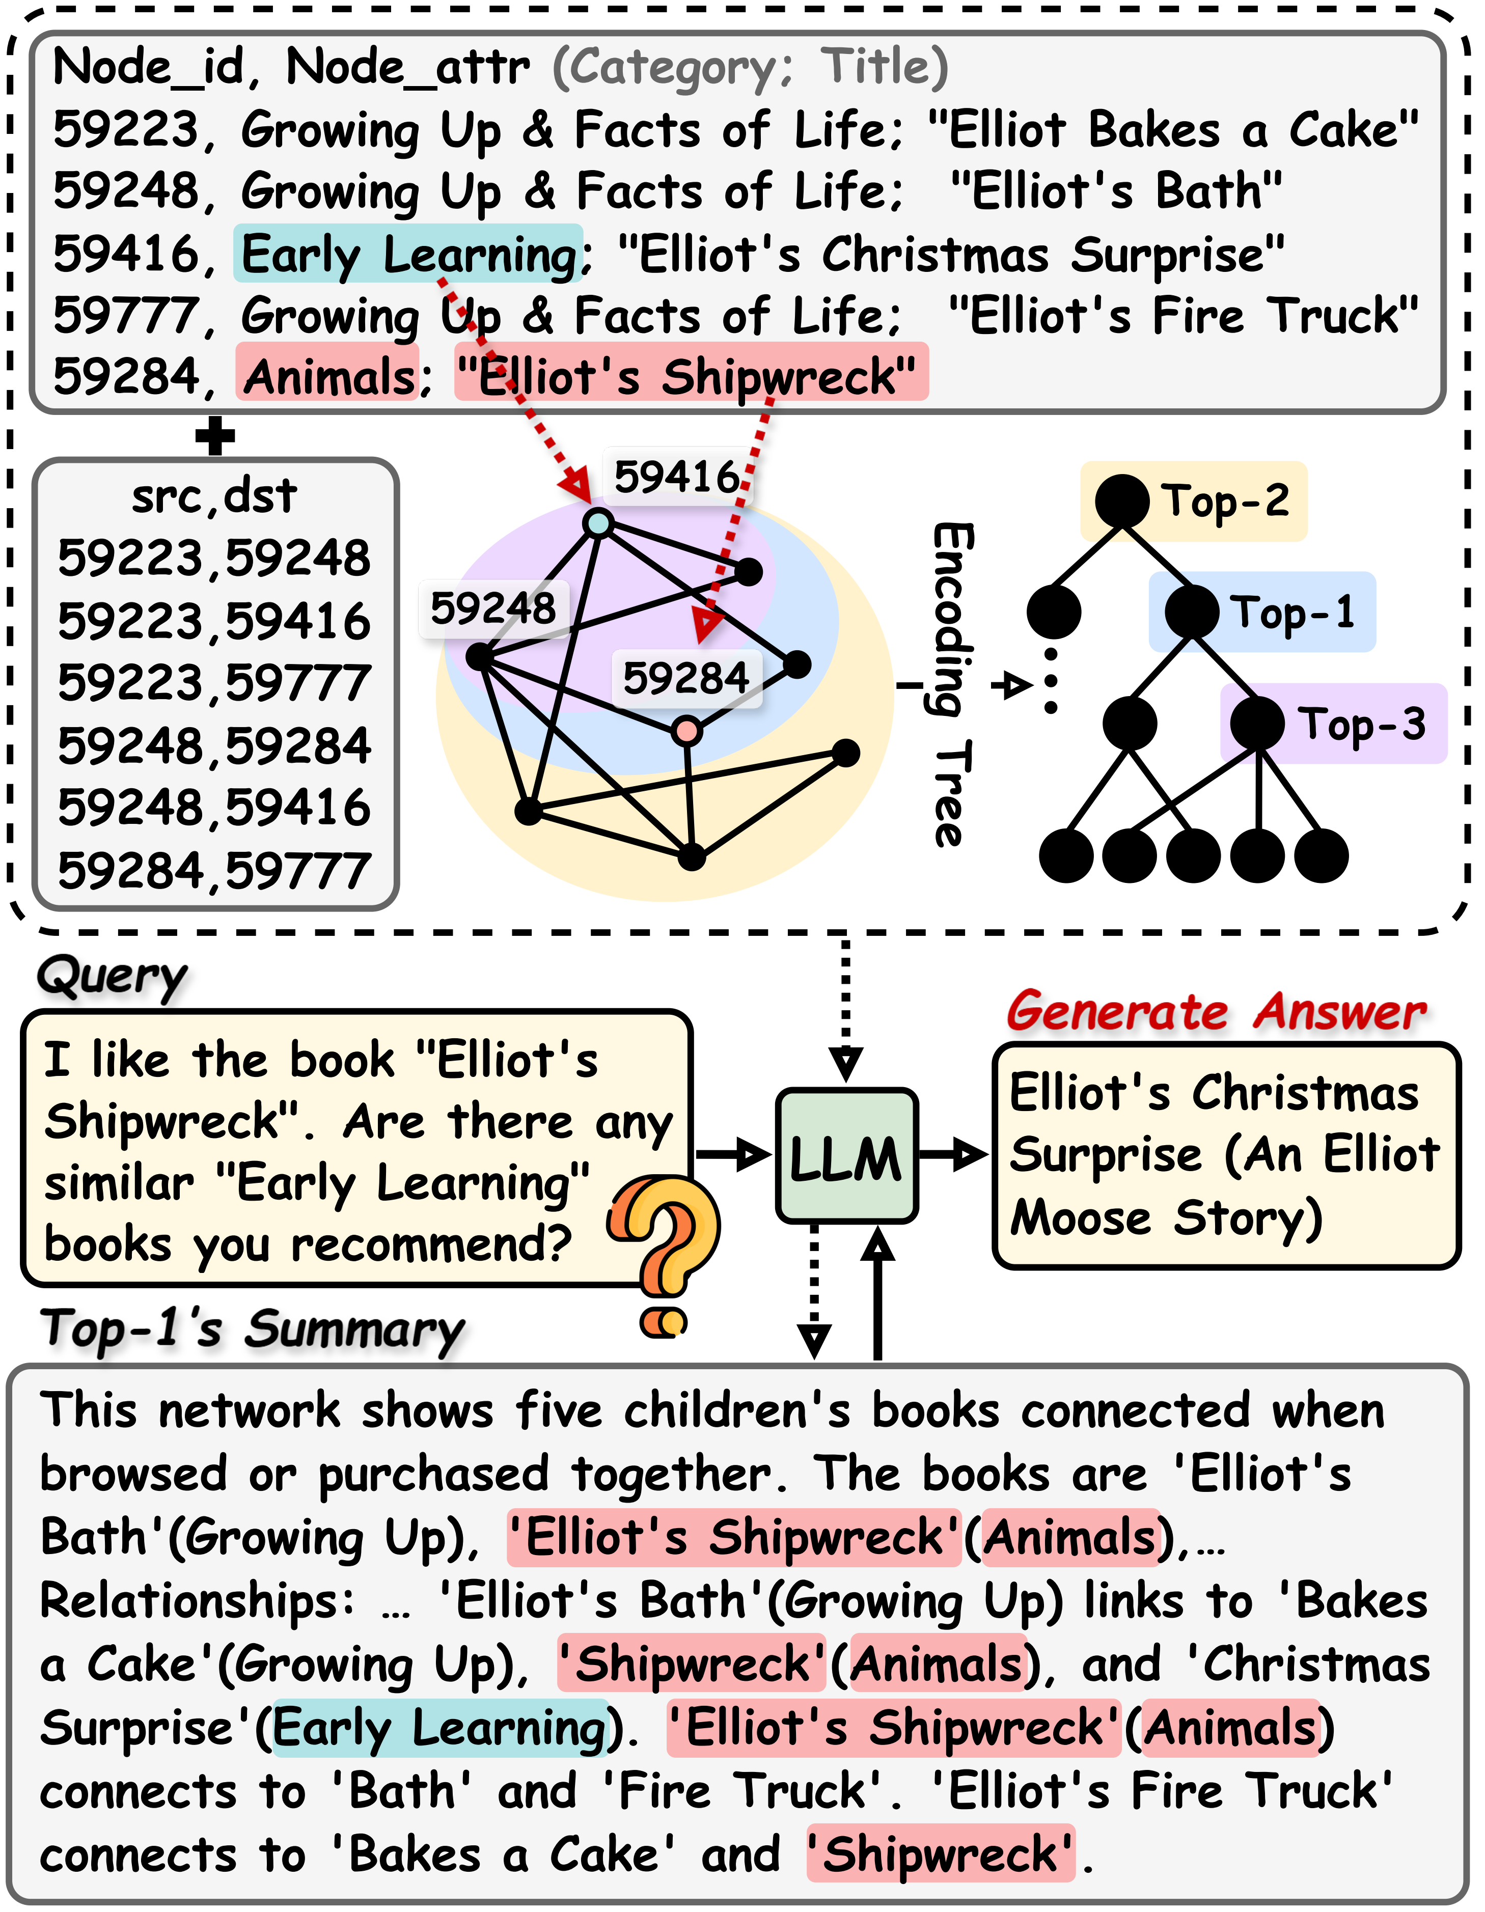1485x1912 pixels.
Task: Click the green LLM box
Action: pyautogui.click(x=846, y=1156)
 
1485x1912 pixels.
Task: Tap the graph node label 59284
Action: pyautogui.click(x=685, y=678)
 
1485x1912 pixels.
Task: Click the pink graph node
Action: pyautogui.click(x=687, y=730)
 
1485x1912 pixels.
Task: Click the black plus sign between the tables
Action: pyautogui.click(x=215, y=435)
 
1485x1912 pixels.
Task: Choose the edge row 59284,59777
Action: pyautogui.click(x=214, y=871)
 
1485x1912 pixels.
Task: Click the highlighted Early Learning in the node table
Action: pyautogui.click(x=408, y=255)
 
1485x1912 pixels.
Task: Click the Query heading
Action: pyautogui.click(x=112, y=976)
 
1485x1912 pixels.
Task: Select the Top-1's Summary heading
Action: pyautogui.click(x=252, y=1329)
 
